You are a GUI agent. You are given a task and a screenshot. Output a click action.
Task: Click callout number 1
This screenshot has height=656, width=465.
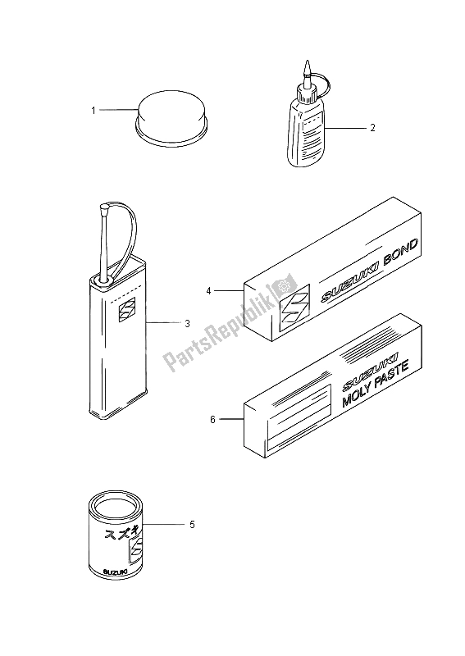93,111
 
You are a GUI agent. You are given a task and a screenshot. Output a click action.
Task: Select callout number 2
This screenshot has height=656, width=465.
372,128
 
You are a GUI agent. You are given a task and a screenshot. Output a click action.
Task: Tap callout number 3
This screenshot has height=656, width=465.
187,323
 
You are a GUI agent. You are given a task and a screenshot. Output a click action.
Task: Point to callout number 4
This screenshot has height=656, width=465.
208,291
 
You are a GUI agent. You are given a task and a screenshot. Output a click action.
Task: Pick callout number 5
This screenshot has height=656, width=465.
192,524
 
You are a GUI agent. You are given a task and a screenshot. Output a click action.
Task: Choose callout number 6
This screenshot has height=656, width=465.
212,419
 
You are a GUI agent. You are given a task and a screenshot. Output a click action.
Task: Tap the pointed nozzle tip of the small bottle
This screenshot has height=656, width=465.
308,64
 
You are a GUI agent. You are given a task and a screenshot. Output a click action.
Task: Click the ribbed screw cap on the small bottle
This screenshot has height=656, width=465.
306,93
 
